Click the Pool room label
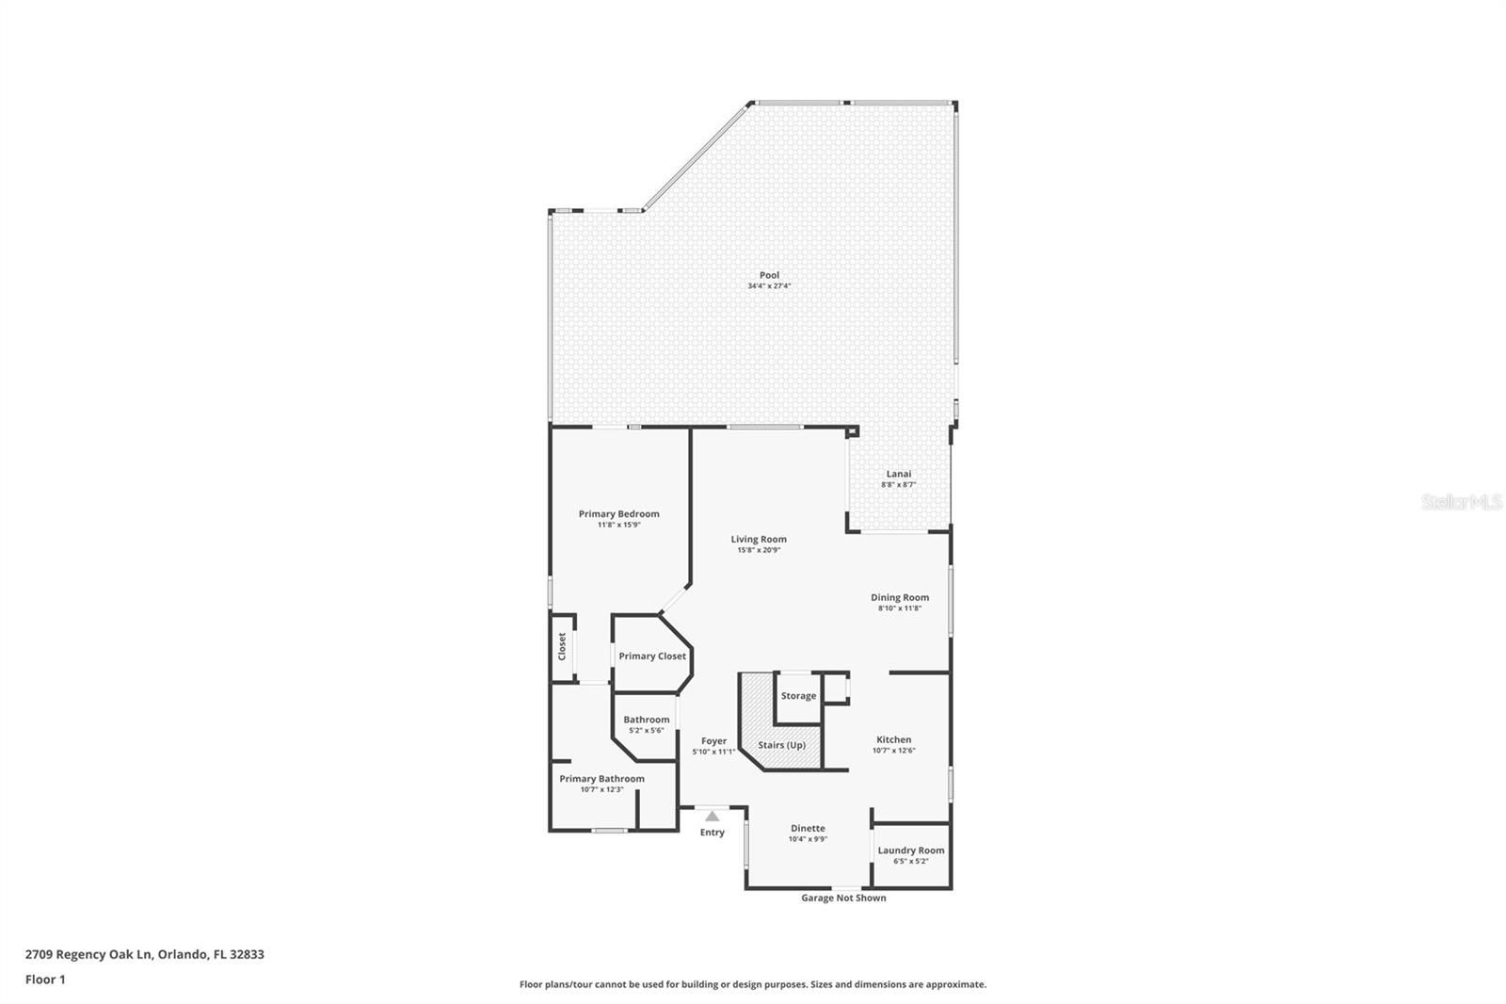pyautogui.click(x=769, y=275)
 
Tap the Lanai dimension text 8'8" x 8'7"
pyautogui.click(x=898, y=485)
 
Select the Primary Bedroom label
pyautogui.click(x=618, y=514)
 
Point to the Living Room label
pyautogui.click(x=759, y=540)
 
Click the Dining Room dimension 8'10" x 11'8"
pyautogui.click(x=899, y=608)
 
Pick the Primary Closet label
pyautogui.click(x=652, y=656)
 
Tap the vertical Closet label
pyautogui.click(x=562, y=645)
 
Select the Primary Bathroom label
pyautogui.click(x=601, y=779)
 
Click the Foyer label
pyautogui.click(x=713, y=741)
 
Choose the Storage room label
pyautogui.click(x=798, y=696)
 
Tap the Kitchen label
pyautogui.click(x=893, y=740)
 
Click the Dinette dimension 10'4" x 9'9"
pyautogui.click(x=808, y=839)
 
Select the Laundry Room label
pyautogui.click(x=910, y=850)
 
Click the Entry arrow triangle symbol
pyautogui.click(x=713, y=816)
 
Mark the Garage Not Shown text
pyautogui.click(x=843, y=899)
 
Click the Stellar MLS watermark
pyautogui.click(x=1461, y=503)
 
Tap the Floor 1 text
pyautogui.click(x=45, y=980)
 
